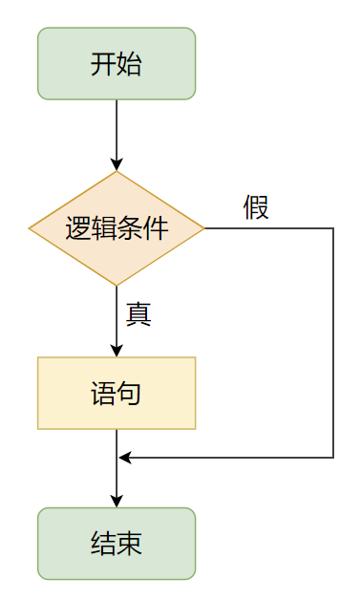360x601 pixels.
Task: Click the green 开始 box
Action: [x=116, y=63]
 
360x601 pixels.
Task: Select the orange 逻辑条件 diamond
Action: [x=116, y=228]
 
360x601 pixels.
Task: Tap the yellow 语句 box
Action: [x=116, y=393]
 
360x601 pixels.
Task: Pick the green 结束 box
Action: [x=116, y=543]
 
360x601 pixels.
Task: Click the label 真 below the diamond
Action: [x=138, y=314]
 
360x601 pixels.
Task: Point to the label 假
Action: [x=256, y=206]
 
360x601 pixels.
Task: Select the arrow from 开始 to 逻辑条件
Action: [x=116, y=134]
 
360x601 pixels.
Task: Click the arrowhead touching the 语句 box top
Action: [x=116, y=350]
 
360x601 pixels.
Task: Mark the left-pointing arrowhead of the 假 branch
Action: [x=125, y=458]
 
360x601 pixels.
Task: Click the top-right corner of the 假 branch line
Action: [x=333, y=228]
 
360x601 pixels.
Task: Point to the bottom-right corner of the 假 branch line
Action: [x=333, y=458]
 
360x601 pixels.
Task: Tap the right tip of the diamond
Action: [x=203, y=228]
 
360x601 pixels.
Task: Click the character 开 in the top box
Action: [x=103, y=64]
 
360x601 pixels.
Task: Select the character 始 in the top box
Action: [x=129, y=64]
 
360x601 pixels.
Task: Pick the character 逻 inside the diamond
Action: [x=78, y=228]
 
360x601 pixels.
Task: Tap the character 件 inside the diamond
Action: [x=156, y=228]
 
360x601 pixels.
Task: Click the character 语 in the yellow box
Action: [x=103, y=394]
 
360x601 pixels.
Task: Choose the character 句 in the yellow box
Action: [x=129, y=394]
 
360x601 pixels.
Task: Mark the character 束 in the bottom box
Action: [x=129, y=544]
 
